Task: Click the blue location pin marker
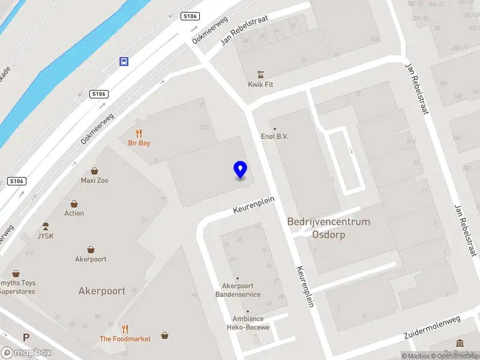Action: [x=240, y=170]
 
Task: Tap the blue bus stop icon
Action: [x=124, y=61]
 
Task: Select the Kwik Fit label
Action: [x=260, y=85]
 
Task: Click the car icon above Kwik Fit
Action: [x=260, y=74]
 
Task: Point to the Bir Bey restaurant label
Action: [x=139, y=143]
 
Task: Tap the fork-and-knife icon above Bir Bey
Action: [x=139, y=133]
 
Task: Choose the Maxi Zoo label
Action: [x=95, y=180]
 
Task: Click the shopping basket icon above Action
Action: [x=74, y=204]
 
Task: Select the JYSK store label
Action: [x=46, y=236]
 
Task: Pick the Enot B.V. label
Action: [x=275, y=136]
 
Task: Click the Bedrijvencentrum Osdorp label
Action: [x=329, y=228]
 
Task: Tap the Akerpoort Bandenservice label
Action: [x=238, y=290]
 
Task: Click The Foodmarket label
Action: [x=125, y=339]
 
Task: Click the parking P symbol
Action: [x=26, y=338]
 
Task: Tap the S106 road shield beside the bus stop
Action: [x=99, y=94]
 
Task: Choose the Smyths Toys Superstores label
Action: [x=17, y=287]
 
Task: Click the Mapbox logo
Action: [x=26, y=353]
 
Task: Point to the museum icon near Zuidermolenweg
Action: [x=460, y=343]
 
